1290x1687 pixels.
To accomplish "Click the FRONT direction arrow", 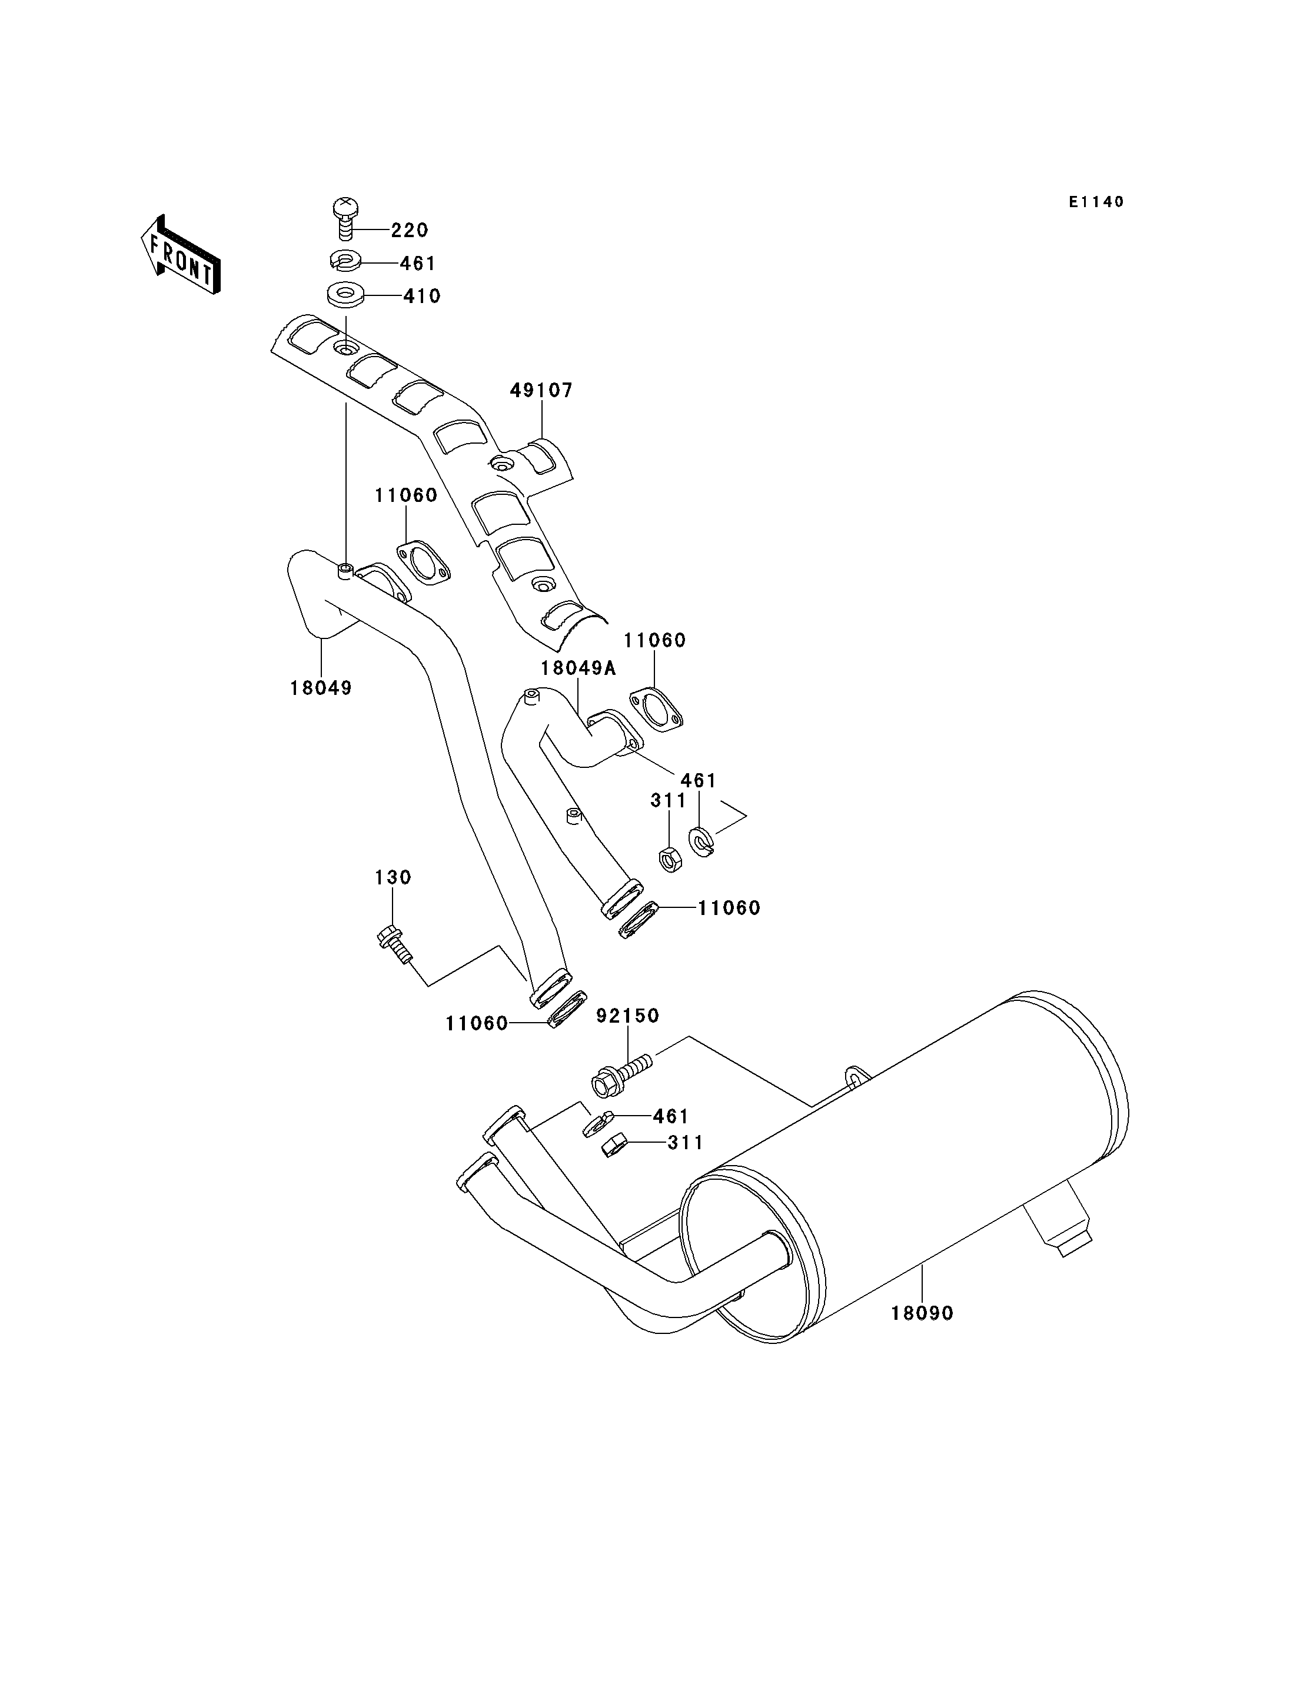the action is click(181, 255).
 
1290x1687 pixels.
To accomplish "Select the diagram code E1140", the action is click(1096, 202).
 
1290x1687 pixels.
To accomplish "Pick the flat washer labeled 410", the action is click(345, 295).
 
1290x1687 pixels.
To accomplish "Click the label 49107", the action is click(541, 391).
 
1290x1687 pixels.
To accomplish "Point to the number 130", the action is click(393, 877).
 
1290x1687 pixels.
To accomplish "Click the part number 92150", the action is click(628, 1016).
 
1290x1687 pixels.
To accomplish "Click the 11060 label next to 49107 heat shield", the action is click(406, 496).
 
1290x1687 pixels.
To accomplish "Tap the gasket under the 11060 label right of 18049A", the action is click(656, 710).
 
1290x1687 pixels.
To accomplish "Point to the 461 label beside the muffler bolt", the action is click(671, 1116).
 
